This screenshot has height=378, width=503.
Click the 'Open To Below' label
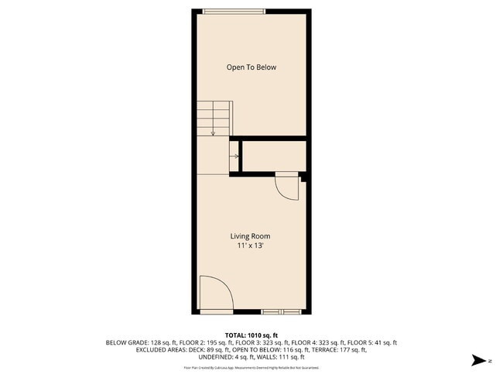[x=251, y=67]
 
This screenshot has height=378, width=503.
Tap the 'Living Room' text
[x=250, y=235]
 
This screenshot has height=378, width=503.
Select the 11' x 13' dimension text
[x=250, y=246]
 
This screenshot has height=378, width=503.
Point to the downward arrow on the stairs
[x=213, y=132]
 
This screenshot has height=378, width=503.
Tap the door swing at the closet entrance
[x=287, y=187]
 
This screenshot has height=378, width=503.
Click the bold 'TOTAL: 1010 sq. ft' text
[x=251, y=334]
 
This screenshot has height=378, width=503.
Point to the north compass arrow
[x=481, y=360]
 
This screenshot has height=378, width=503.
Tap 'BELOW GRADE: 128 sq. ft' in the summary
[x=136, y=342]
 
